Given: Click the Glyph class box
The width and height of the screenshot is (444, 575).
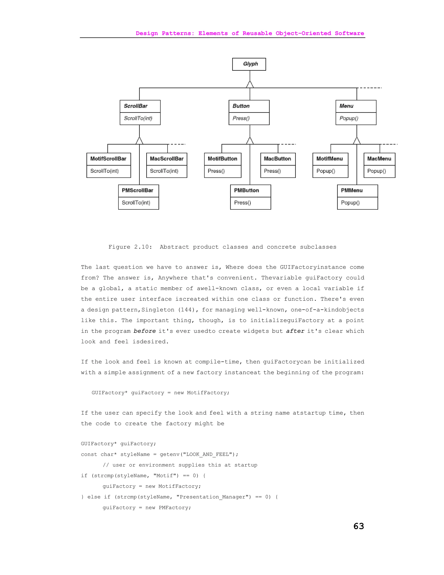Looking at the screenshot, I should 249,64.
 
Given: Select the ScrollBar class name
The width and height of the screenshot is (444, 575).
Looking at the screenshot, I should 136,106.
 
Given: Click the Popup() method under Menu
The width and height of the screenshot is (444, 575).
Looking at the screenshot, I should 349,118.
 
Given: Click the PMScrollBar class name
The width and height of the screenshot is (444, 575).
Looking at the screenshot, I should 137,190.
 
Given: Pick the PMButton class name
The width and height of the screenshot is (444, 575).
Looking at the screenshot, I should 246,190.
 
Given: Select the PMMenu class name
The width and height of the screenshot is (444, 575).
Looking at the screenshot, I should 352,190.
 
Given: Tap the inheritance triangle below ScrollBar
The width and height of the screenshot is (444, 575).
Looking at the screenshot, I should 139,141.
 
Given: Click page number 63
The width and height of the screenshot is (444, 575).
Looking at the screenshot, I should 359,526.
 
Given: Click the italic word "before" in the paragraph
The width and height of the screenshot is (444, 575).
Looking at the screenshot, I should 144,331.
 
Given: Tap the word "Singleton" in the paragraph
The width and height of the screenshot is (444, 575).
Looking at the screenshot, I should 158,310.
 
